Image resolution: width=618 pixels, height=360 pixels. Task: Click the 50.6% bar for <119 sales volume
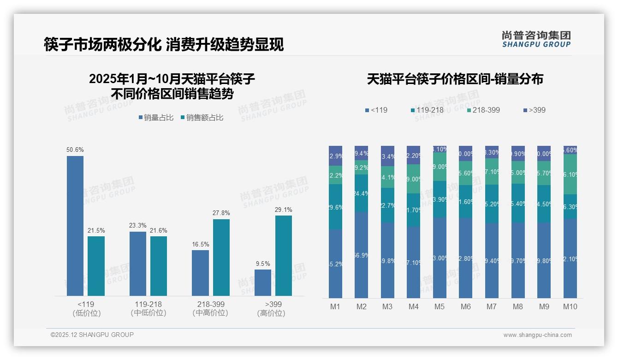(x=75, y=226)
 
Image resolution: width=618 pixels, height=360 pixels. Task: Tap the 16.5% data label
(x=200, y=244)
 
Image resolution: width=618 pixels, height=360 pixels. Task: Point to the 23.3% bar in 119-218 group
(x=138, y=264)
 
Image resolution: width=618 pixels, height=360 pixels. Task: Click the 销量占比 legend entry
(x=156, y=118)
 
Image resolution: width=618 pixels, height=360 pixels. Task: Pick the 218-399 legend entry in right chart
(x=483, y=110)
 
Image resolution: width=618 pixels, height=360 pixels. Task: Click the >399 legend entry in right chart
(x=535, y=110)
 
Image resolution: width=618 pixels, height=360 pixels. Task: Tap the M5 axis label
(x=440, y=307)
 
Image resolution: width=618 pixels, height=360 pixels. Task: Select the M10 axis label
(x=570, y=307)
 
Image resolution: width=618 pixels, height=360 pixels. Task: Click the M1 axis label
(x=335, y=307)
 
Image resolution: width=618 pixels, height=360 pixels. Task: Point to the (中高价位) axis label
(x=210, y=313)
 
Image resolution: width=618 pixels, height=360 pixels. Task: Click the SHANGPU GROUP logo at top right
(x=536, y=39)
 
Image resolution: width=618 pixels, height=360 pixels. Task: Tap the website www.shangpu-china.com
(x=537, y=335)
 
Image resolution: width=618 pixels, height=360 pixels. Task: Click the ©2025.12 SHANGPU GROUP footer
(x=92, y=335)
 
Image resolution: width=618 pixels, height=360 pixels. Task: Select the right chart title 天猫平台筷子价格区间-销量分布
(x=455, y=79)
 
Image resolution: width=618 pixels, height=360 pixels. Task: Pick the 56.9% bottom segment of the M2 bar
(x=361, y=255)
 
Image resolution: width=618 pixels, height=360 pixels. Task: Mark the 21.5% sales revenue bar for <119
(x=96, y=266)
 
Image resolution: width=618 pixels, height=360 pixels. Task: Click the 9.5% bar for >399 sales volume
(x=263, y=282)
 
